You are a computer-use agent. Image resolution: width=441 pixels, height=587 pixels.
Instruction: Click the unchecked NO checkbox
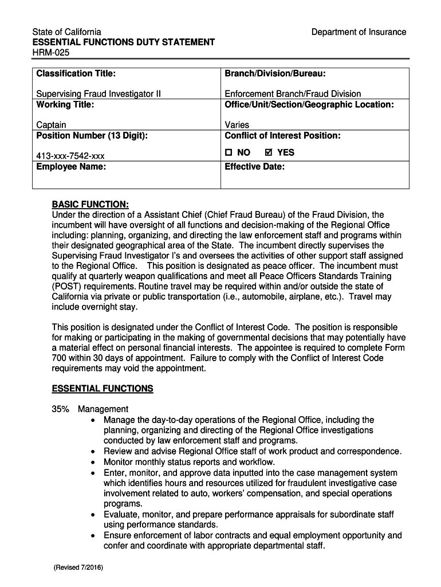coord(228,152)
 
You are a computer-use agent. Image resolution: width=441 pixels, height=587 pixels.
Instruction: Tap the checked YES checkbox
coord(269,152)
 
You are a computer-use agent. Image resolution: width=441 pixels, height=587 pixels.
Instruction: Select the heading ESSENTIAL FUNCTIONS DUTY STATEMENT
coord(123,42)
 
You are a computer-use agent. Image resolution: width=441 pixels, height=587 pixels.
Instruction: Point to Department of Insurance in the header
coord(359,32)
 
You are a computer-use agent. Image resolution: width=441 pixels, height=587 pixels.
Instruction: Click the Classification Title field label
coord(76,73)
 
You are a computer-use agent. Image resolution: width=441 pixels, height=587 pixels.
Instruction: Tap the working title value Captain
coord(51,124)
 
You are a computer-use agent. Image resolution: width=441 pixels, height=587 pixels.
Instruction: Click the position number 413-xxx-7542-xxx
coord(70,156)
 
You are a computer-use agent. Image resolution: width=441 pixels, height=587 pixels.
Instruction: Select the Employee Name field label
coord(71,167)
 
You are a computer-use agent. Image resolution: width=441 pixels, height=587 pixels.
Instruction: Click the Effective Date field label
coord(254,167)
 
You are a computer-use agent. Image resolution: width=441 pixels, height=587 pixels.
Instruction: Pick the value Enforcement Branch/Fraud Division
coord(293,93)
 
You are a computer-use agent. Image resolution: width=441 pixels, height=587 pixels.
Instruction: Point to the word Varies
coord(237,124)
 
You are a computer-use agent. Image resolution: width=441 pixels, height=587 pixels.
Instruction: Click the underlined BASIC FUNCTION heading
coord(90,204)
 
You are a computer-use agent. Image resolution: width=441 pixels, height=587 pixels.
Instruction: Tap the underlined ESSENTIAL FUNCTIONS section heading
coord(103,389)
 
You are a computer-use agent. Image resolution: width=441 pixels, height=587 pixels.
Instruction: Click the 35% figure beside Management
coord(61,409)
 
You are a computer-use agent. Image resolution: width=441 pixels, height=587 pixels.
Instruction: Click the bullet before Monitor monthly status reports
coord(93,462)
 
